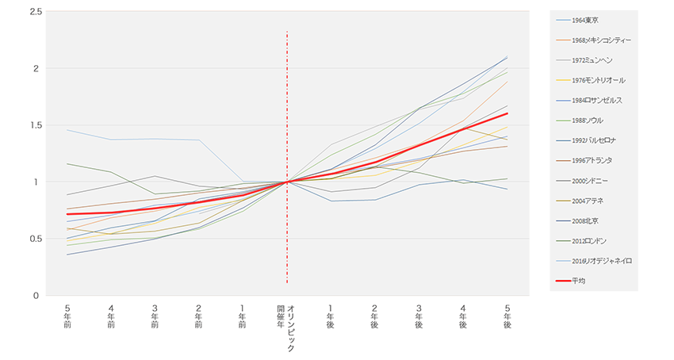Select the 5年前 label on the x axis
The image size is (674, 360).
point(67,315)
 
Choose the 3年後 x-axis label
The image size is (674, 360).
point(419,315)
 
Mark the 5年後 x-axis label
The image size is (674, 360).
point(507,315)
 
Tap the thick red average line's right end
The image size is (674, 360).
point(507,113)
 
